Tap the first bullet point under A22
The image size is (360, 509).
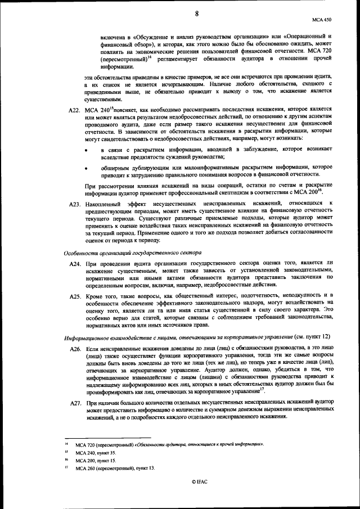click(85, 149)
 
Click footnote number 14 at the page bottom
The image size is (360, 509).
click(66, 444)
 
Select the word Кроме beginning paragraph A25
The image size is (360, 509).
click(96, 295)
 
